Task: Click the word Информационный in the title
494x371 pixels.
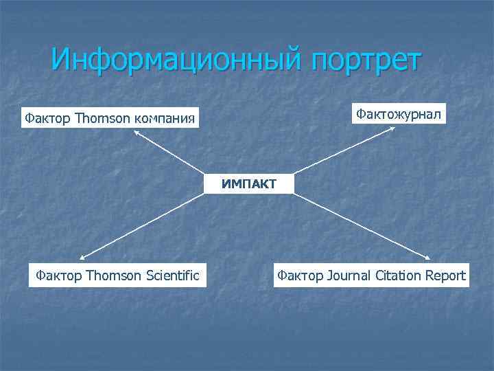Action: pos(177,60)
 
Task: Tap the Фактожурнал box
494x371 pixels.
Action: pos(398,113)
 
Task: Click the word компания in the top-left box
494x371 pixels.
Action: pos(165,119)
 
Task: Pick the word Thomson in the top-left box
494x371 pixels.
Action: pos(102,118)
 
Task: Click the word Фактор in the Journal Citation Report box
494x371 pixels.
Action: pos(300,276)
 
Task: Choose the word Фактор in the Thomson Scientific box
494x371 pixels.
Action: pos(57,276)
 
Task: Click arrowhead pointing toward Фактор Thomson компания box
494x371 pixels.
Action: pos(137,132)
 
